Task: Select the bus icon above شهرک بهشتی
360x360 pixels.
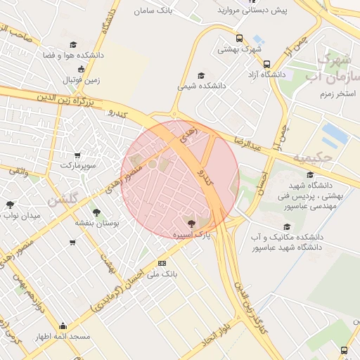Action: point(240,39)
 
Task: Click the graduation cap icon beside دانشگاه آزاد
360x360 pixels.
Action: point(266,64)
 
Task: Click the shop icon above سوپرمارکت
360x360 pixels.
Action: point(77,155)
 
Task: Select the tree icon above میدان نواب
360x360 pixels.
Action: point(11,205)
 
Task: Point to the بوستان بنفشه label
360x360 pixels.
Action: point(97,222)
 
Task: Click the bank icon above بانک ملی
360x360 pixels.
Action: point(162,264)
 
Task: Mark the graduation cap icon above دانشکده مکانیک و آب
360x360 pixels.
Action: point(286,226)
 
